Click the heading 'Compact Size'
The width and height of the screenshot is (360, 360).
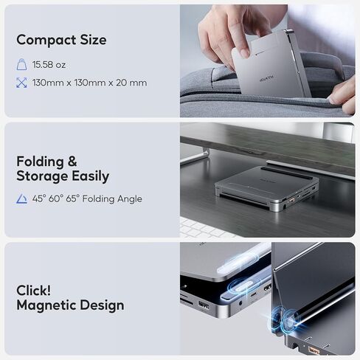[x=61, y=40]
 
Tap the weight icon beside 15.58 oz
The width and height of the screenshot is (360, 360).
[x=21, y=65]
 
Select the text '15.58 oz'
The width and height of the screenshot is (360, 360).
[x=50, y=65]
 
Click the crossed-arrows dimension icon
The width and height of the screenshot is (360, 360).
[x=21, y=83]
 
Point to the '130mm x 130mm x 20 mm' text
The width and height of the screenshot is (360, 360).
[x=89, y=83]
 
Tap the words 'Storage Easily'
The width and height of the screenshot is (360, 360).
[x=63, y=176]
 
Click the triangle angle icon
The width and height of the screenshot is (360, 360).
[x=21, y=199]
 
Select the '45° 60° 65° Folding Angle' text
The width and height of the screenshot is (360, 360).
[x=87, y=199]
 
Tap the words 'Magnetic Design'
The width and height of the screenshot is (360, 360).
[x=70, y=305]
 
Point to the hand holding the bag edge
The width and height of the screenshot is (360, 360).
[x=341, y=92]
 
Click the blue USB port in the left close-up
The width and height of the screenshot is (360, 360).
[x=203, y=305]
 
